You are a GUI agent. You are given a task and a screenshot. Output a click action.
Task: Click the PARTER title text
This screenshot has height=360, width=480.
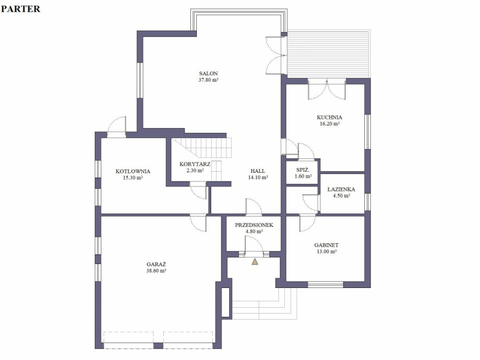pyautogui.click(x=20, y=9)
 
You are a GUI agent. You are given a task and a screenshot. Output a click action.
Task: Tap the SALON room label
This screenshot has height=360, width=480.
pyautogui.click(x=209, y=74)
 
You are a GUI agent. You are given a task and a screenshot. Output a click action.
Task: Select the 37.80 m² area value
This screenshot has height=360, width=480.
pyautogui.click(x=209, y=80)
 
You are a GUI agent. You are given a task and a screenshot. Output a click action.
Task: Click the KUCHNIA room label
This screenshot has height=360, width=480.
pyautogui.click(x=330, y=117)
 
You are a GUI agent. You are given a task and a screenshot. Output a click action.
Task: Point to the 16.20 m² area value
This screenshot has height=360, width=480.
pyautogui.click(x=330, y=124)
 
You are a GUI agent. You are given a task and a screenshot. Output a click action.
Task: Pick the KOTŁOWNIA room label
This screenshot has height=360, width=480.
pyautogui.click(x=133, y=171)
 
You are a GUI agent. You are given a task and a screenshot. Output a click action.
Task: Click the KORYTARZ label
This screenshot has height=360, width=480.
pyautogui.click(x=195, y=164)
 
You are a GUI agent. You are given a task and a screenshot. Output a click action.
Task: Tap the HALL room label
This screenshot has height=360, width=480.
pyautogui.click(x=258, y=171)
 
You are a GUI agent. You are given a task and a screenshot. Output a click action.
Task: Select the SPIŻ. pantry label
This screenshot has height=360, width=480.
pyautogui.click(x=303, y=170)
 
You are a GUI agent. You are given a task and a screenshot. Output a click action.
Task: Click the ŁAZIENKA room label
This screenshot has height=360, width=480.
pyautogui.click(x=341, y=189)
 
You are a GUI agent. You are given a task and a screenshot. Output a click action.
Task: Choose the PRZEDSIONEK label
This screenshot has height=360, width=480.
pyautogui.click(x=254, y=225)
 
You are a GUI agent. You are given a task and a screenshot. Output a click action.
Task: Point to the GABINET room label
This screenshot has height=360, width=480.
pyautogui.click(x=326, y=245)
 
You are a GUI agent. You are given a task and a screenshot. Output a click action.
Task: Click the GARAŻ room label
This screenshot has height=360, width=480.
pyautogui.click(x=156, y=264)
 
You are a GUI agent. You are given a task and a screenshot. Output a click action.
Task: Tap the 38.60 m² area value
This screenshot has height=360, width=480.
pyautogui.click(x=156, y=271)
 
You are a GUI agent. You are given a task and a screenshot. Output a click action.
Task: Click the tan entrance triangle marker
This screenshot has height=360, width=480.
pyautogui.click(x=255, y=261)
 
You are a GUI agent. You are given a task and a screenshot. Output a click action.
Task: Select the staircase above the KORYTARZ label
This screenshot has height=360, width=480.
pyautogui.click(x=202, y=148)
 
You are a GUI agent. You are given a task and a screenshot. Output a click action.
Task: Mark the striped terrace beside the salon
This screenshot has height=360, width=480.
pyautogui.click(x=329, y=53)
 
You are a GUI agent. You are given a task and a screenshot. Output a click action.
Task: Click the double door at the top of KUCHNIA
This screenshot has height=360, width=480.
pyautogui.click(x=326, y=89)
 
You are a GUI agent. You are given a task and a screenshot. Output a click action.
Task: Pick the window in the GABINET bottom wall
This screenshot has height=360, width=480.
pyautogui.click(x=325, y=285)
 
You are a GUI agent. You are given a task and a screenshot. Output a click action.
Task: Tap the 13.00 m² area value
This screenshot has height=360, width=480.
pyautogui.click(x=326, y=252)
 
